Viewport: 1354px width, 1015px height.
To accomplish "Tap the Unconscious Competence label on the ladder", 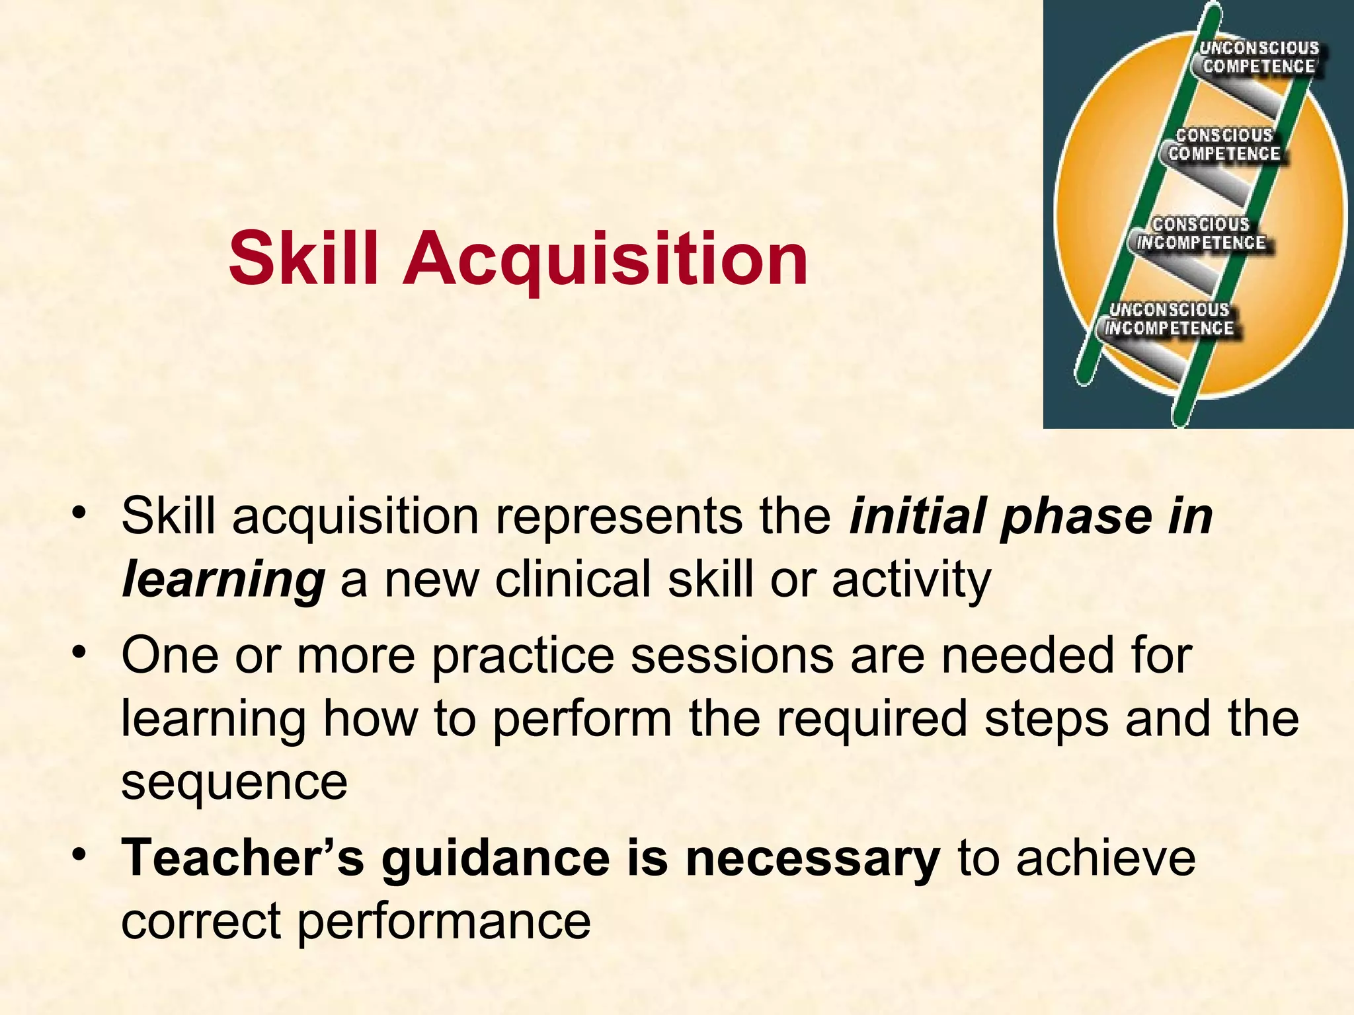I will [x=1259, y=57].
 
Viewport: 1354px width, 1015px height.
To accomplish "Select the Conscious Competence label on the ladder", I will [x=1224, y=145].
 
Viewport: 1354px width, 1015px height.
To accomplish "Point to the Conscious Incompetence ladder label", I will [x=1201, y=234].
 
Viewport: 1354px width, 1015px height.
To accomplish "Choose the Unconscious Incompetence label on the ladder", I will [x=1169, y=319].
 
